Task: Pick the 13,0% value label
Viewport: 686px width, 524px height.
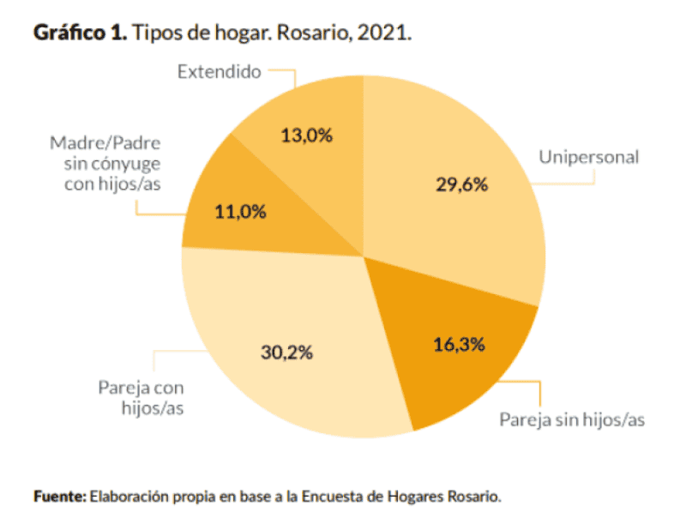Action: point(306,135)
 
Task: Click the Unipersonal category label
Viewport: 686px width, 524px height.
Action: point(588,157)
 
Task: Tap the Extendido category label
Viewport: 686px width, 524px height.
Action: point(219,72)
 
